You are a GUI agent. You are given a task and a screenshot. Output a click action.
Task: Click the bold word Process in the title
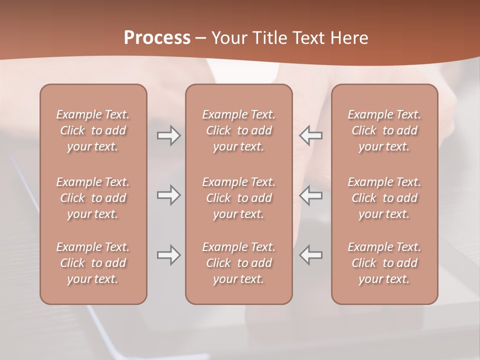click(157, 38)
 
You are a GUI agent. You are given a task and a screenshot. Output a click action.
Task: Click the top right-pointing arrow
click(168, 135)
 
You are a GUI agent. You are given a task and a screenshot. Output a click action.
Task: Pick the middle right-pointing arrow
click(168, 195)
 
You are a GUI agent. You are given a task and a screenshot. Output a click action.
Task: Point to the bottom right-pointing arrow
click(168, 255)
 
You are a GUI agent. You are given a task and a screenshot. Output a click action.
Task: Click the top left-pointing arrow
click(311, 135)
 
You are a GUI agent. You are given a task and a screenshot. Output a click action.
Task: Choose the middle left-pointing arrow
click(311, 195)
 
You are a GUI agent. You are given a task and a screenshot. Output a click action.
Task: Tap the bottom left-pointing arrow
click(311, 255)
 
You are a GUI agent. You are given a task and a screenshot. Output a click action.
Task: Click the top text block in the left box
click(93, 130)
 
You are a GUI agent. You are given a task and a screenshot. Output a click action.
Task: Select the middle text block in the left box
click(93, 198)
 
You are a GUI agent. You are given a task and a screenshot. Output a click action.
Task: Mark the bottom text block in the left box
click(93, 263)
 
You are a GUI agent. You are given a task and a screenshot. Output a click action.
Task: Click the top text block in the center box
click(239, 130)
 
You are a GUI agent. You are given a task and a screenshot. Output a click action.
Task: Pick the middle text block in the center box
click(239, 198)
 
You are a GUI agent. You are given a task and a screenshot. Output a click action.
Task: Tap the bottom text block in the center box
click(239, 263)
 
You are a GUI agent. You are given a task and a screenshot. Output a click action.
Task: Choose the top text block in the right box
click(384, 130)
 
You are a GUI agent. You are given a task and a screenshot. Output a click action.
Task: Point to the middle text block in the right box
click(384, 198)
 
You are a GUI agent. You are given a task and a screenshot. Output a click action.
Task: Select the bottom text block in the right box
click(384, 263)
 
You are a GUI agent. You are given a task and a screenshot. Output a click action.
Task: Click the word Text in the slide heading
click(308, 38)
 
